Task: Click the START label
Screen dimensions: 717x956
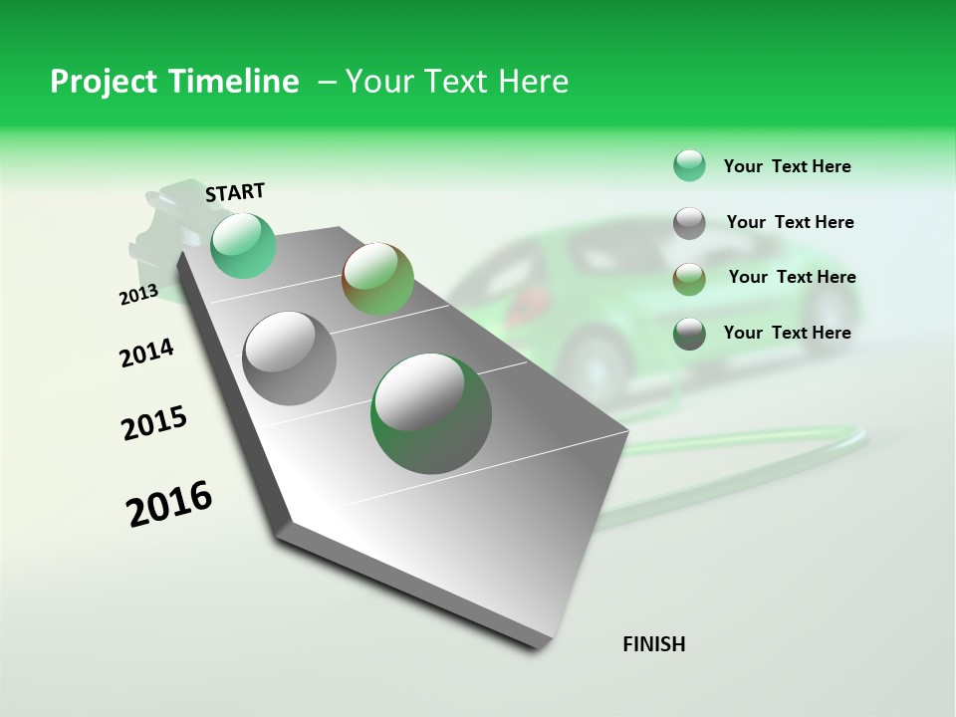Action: click(x=235, y=192)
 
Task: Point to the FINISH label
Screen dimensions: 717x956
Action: click(x=653, y=644)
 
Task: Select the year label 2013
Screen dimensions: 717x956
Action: click(x=138, y=294)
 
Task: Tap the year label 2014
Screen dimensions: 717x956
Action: click(x=146, y=353)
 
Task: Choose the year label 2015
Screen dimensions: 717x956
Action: click(x=154, y=423)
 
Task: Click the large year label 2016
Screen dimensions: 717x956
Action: click(x=169, y=503)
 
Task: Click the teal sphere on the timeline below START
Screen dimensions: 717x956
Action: click(x=243, y=246)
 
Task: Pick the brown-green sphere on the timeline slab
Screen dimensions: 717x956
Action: click(x=377, y=279)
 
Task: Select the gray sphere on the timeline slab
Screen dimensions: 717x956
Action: click(x=290, y=358)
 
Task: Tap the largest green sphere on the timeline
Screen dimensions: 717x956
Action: click(x=431, y=413)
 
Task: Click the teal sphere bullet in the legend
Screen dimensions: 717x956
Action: click(x=689, y=166)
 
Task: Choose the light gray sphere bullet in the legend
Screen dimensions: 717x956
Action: click(x=689, y=223)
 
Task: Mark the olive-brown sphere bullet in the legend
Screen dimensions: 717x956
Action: click(x=689, y=278)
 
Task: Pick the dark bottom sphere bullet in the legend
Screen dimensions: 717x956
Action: click(x=689, y=334)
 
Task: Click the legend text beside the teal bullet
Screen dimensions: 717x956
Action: click(x=787, y=166)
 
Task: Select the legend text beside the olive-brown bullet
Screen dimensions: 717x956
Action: click(x=792, y=277)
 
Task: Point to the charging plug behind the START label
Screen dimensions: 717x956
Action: click(x=159, y=229)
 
